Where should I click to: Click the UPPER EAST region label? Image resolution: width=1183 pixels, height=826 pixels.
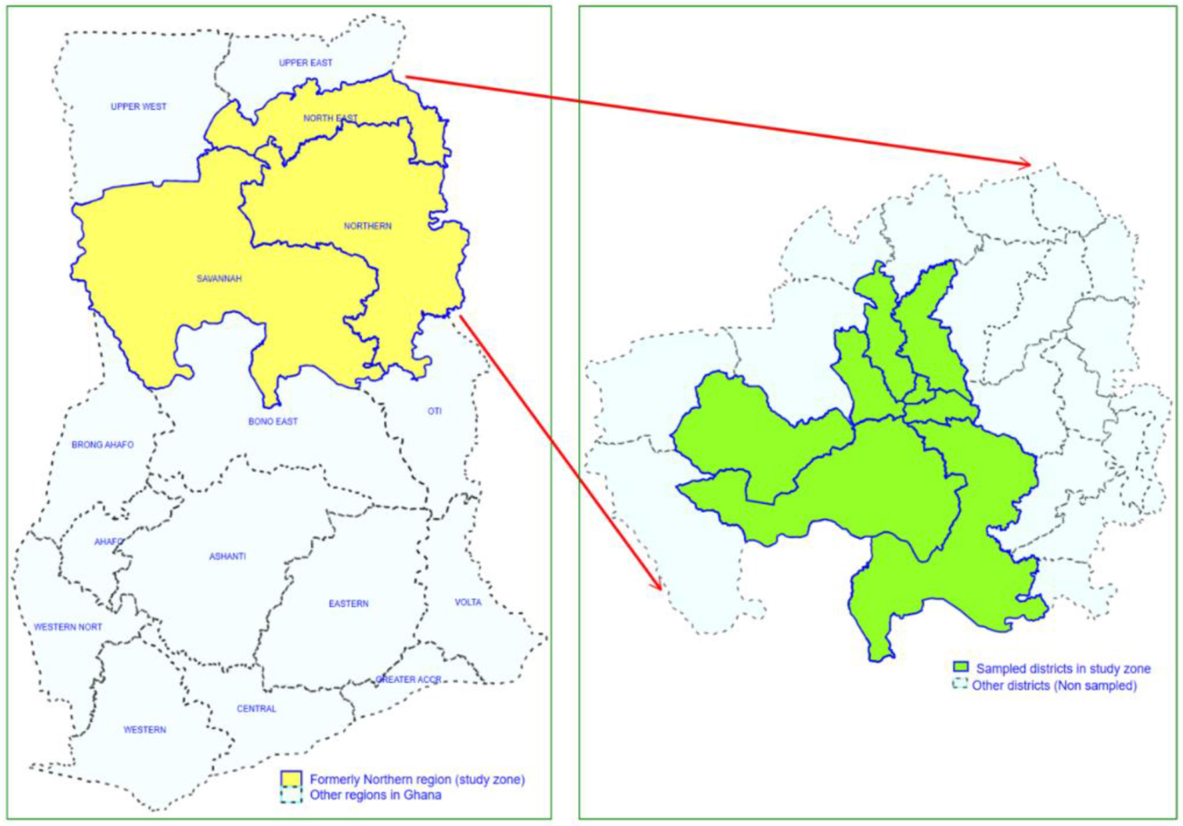305,63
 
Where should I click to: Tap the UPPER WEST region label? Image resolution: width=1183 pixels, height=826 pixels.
138,106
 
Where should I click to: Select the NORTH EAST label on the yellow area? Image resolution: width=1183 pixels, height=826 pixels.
330,118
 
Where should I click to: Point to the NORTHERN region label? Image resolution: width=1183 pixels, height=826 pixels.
367,226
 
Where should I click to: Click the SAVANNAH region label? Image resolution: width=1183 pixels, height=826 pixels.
219,278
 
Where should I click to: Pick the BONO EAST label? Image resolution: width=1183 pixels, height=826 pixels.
272,421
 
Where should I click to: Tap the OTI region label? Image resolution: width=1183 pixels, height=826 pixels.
435,411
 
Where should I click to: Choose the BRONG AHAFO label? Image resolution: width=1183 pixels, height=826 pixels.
102,445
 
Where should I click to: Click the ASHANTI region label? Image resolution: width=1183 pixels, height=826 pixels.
227,556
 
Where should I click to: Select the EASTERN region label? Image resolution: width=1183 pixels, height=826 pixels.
348,604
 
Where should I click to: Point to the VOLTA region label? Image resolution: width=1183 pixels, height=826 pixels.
468,602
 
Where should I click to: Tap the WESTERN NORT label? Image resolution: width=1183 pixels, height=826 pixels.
68,627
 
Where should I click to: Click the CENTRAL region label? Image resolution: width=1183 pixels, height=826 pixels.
256,708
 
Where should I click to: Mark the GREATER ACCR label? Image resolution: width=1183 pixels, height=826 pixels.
409,680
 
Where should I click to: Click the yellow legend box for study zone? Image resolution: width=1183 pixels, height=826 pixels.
291,779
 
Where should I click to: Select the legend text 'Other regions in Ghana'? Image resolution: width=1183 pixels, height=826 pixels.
375,795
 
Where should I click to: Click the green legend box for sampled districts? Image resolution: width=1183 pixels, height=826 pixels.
960,668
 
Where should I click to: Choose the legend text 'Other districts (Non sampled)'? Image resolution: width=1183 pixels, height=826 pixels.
1054,686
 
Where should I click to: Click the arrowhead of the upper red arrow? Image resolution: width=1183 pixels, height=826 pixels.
1028,164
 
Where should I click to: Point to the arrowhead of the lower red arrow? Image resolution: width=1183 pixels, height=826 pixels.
659,587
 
